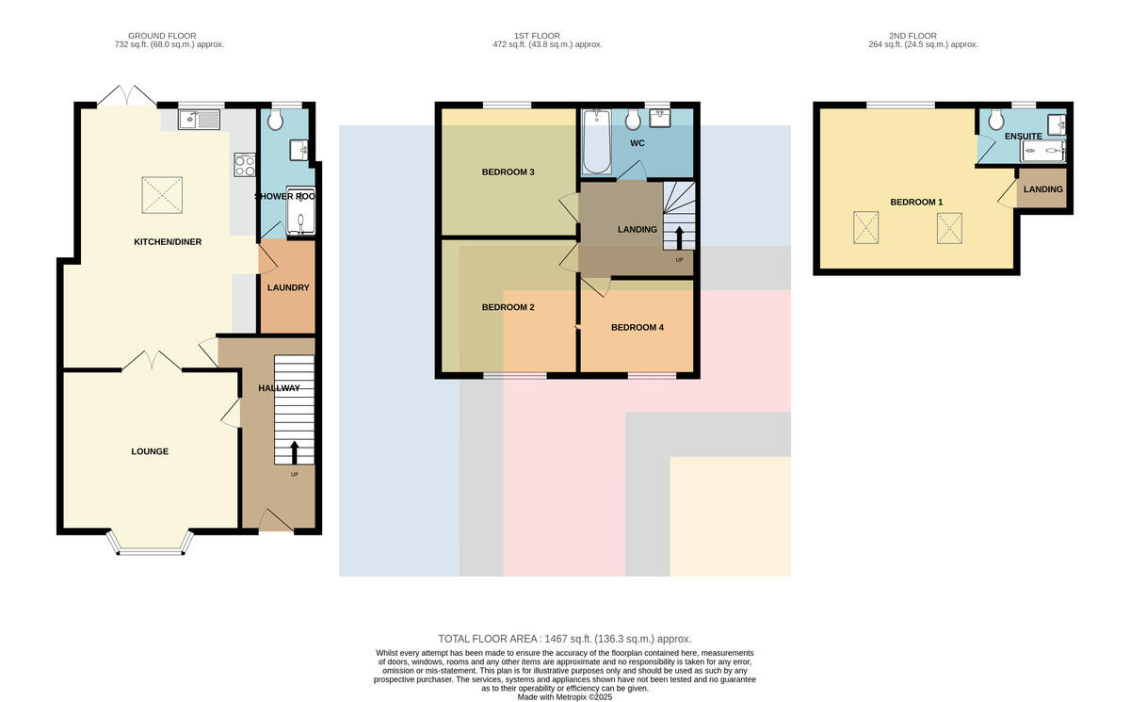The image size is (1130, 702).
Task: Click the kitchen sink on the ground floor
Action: (199, 120)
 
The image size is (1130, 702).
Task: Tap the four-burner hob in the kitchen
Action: (244, 165)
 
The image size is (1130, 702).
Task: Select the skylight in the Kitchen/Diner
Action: (162, 195)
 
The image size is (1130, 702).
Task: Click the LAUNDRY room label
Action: (288, 287)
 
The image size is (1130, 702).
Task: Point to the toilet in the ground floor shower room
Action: (275, 120)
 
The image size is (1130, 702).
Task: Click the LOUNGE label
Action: (150, 451)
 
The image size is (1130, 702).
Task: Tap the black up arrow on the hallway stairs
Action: (294, 452)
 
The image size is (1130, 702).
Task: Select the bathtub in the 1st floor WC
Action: (597, 141)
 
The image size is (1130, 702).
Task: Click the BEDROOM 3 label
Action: (508, 172)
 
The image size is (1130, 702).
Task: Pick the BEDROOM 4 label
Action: (638, 328)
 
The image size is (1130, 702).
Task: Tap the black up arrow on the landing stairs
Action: (679, 238)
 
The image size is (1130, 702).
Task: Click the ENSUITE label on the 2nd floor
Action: (1023, 137)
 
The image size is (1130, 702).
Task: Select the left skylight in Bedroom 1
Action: (865, 228)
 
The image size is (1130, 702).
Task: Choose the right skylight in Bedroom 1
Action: (949, 228)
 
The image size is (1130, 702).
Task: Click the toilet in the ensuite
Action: (996, 120)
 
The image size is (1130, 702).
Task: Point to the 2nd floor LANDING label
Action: (1043, 189)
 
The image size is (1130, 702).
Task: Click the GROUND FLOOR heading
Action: (162, 36)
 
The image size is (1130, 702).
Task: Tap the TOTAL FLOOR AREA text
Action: (564, 639)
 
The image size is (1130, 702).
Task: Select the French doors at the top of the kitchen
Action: (126, 96)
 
